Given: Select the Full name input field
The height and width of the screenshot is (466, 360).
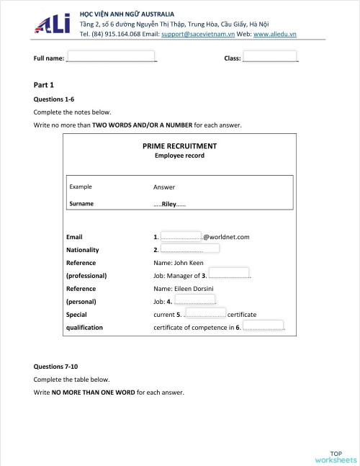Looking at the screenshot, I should (x=112, y=56).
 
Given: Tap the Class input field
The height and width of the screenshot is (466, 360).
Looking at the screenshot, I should (x=270, y=56).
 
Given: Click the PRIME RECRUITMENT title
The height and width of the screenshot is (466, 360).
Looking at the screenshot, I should (x=179, y=145).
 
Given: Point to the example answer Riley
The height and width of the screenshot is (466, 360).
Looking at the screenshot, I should (x=169, y=204).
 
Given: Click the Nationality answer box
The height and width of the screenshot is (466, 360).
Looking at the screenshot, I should (x=189, y=249).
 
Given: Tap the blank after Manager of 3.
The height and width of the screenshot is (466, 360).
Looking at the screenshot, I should (x=229, y=274).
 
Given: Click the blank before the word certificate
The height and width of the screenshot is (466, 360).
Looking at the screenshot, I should (x=205, y=313).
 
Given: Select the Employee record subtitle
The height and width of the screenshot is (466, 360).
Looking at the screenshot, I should (x=179, y=156).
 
